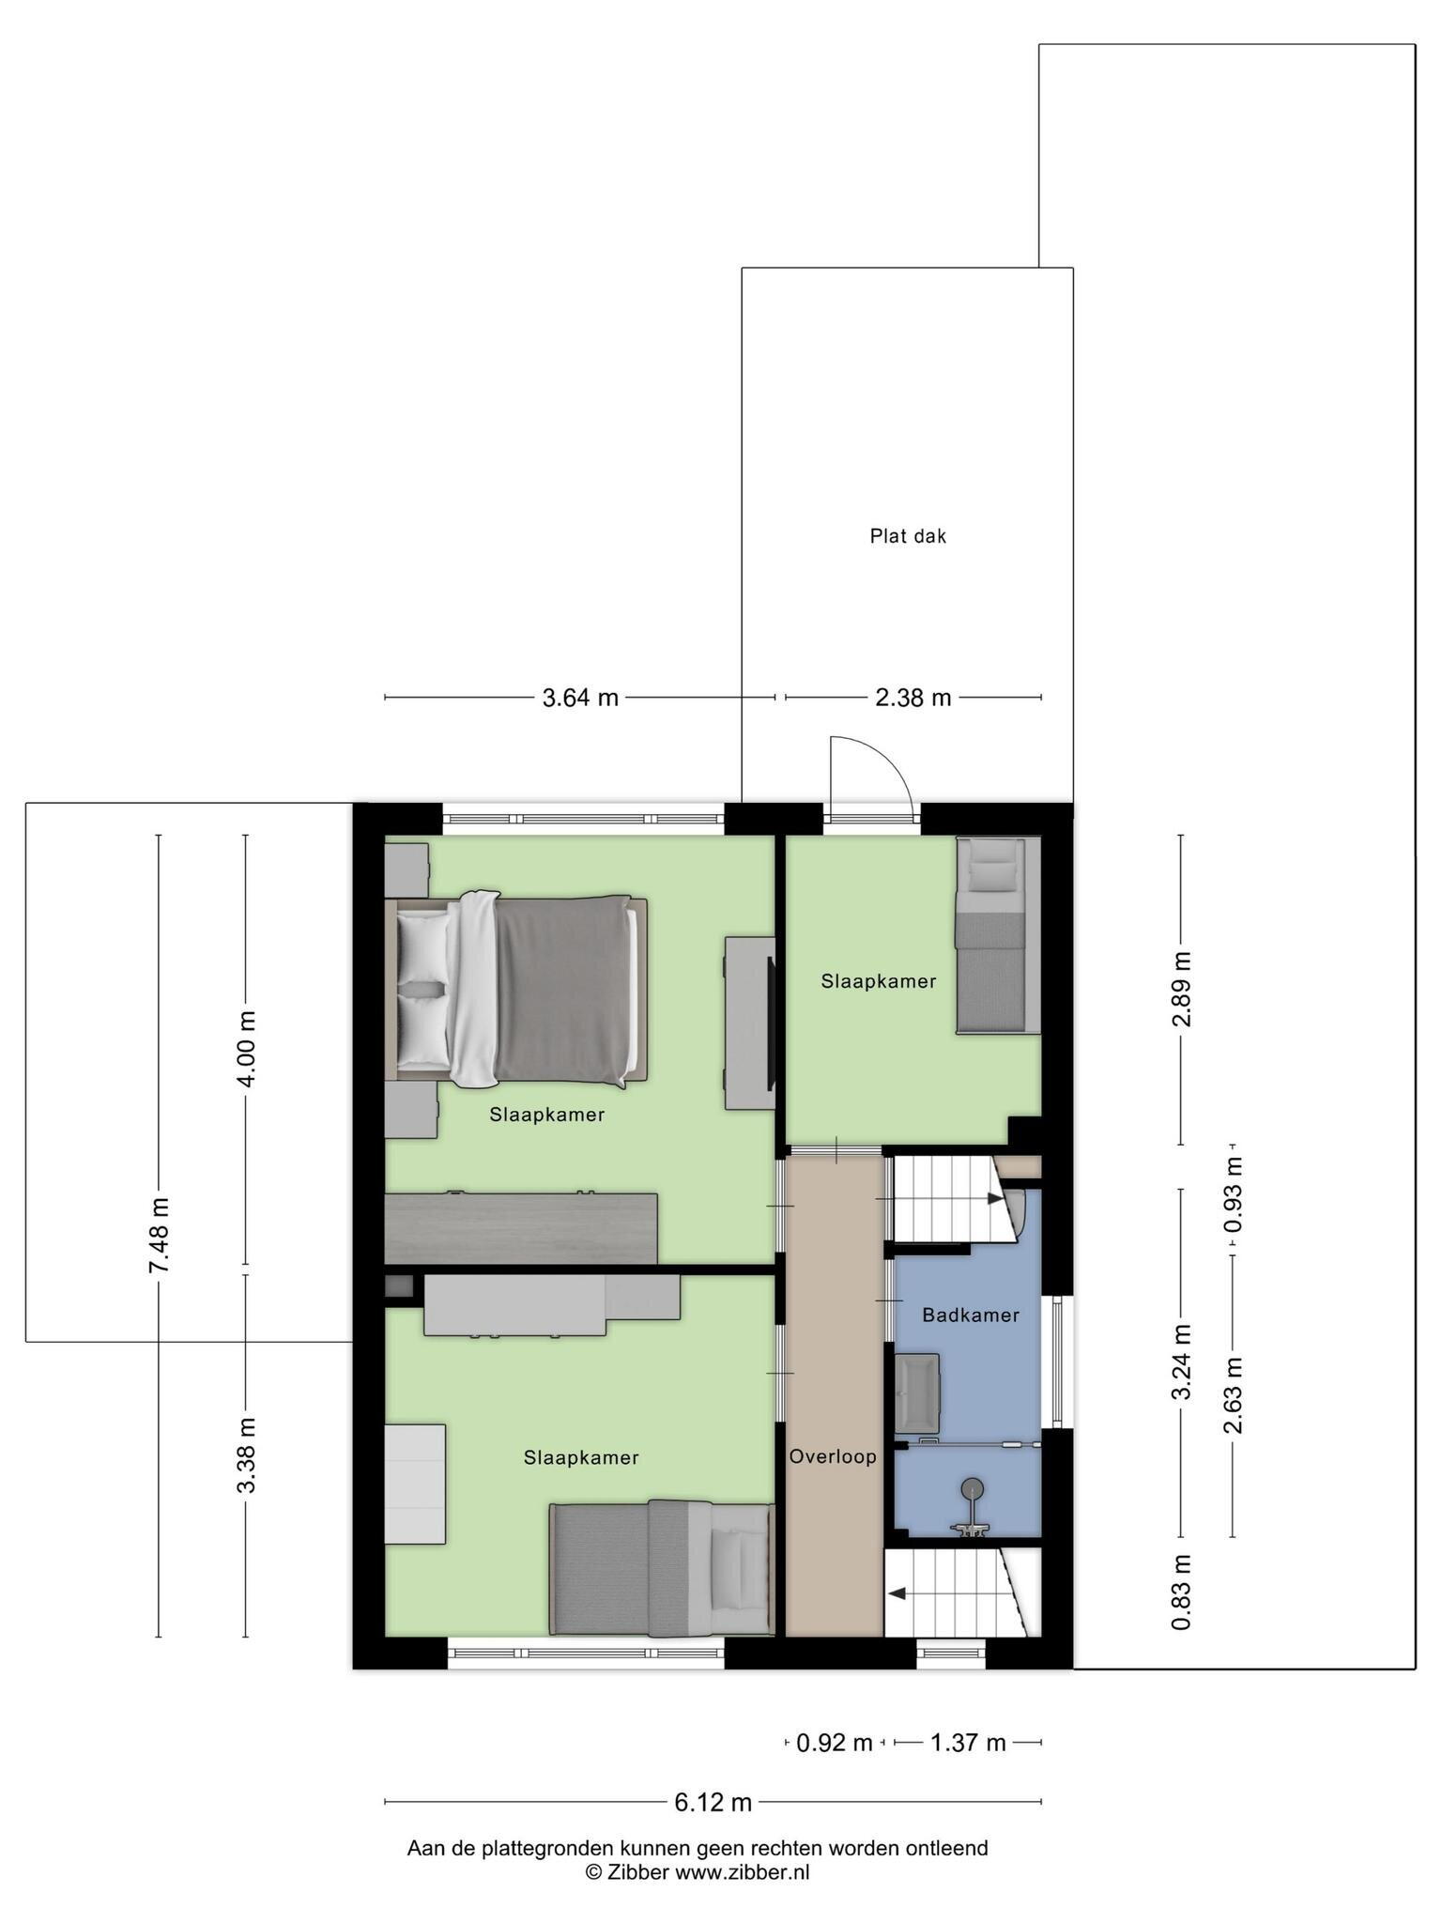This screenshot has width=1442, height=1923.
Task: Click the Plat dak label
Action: [x=908, y=536]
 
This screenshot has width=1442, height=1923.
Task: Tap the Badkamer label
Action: [x=971, y=1315]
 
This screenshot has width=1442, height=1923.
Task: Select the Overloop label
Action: [x=833, y=1456]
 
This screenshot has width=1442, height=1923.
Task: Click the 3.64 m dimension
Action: [x=580, y=698]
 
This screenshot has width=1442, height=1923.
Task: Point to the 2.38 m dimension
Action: [x=913, y=698]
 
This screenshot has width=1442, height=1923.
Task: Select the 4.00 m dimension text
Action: [x=246, y=1049]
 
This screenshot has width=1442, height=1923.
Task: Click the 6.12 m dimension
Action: [x=713, y=1802]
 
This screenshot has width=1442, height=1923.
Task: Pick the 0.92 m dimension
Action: [x=835, y=1744]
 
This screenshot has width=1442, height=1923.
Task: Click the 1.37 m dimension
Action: [x=968, y=1744]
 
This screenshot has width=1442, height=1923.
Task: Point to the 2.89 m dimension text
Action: [x=1181, y=989]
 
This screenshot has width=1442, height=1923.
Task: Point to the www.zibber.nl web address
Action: [x=743, y=1872]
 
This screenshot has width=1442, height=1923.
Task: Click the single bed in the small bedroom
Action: [x=998, y=935]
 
